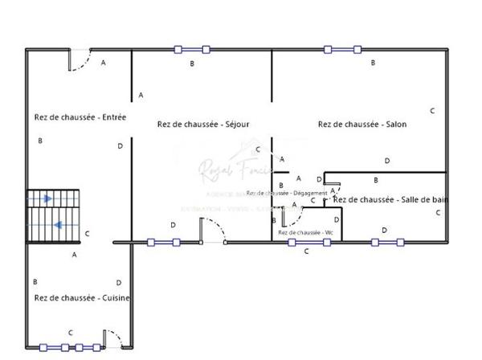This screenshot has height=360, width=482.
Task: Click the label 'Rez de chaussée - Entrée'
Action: [x=80, y=117]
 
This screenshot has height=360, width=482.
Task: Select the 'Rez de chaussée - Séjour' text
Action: [x=203, y=124]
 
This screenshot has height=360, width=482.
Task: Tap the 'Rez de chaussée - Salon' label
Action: [x=362, y=124]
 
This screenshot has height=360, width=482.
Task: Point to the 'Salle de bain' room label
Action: [x=390, y=199]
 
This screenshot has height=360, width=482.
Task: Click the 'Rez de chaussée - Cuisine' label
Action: [x=82, y=297]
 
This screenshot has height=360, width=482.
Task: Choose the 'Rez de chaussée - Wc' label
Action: [x=305, y=232]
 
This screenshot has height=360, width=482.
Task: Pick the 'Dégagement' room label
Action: [x=287, y=193]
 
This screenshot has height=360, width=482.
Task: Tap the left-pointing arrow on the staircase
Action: [x=59, y=225]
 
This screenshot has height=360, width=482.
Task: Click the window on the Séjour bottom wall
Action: [x=163, y=241]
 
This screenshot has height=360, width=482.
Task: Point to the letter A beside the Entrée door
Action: [x=103, y=63]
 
